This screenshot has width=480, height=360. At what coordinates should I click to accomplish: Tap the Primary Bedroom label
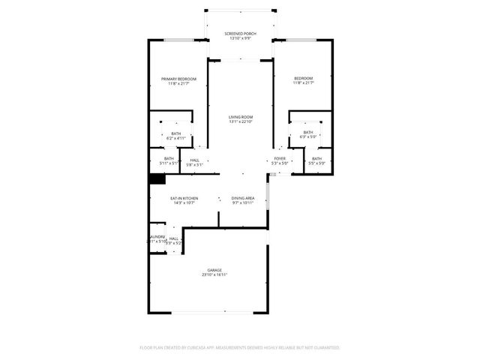click(178, 79)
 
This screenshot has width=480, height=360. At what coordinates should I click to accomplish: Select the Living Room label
click(241, 117)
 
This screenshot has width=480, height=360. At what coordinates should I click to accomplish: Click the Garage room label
click(214, 270)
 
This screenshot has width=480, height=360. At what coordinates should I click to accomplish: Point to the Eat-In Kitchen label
click(184, 198)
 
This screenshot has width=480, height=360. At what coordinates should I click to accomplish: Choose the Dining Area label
click(242, 198)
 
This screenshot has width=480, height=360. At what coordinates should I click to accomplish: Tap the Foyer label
click(279, 159)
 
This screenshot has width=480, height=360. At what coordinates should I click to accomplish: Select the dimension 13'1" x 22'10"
click(241, 122)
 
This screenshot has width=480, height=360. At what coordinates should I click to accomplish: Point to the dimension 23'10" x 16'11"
click(214, 275)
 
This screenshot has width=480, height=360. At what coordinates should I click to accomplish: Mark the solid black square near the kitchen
click(156, 179)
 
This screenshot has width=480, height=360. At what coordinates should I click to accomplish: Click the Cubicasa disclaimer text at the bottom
click(240, 348)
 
